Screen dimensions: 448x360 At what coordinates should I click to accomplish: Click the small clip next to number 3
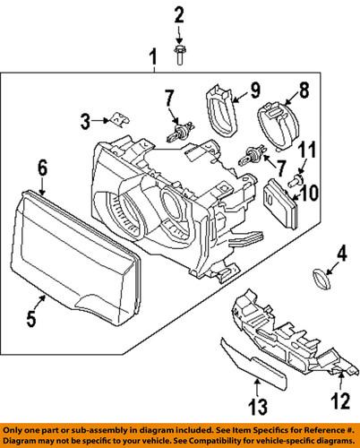[x=116, y=119]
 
